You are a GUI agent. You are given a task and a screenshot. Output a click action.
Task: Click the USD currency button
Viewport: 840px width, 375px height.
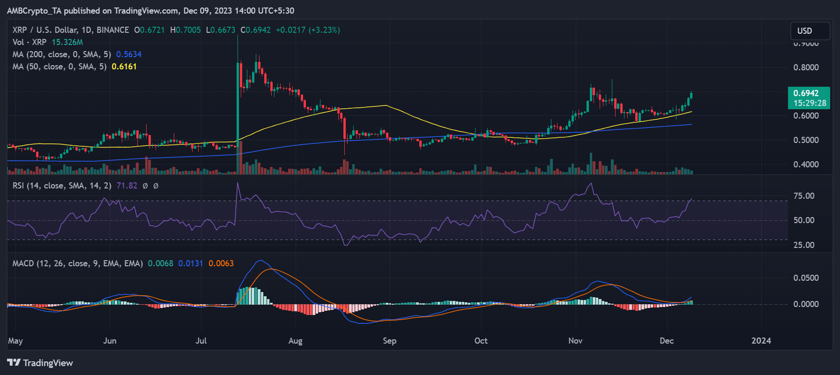coord(810,31)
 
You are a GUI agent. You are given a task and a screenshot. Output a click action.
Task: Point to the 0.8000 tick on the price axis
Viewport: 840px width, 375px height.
coord(806,67)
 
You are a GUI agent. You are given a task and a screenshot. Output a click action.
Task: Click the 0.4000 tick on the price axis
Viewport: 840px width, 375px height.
coord(806,165)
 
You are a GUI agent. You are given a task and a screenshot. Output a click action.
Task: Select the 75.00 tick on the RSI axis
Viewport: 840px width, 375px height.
coord(803,196)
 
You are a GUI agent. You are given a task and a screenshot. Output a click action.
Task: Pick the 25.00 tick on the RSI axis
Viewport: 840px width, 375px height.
coord(803,245)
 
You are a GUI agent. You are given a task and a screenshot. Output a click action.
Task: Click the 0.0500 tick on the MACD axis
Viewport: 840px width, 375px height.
coord(806,278)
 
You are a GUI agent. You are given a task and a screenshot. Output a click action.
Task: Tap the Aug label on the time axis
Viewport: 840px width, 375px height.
coord(295,341)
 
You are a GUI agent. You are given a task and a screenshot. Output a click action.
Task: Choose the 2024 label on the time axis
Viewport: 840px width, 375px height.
coord(761,341)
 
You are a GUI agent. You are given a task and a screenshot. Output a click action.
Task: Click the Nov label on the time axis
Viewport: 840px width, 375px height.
coord(575,341)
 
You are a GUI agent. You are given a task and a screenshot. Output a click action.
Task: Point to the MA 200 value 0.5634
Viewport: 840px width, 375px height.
coord(129,54)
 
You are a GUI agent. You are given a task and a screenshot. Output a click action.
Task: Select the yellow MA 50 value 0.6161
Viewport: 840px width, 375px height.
coord(124,67)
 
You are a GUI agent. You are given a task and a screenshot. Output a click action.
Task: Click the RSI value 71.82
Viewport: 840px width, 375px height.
coord(126,186)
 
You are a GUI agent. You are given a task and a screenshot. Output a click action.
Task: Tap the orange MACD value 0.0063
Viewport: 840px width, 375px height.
coord(221,263)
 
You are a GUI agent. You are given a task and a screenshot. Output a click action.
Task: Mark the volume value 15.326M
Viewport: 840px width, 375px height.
coord(67,42)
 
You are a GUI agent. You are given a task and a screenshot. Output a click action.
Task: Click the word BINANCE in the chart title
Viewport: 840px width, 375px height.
coord(112,30)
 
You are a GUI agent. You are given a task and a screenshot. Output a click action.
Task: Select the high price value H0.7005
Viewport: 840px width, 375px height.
coord(186,30)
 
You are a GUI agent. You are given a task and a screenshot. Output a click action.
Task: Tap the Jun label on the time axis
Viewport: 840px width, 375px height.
coord(110,341)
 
